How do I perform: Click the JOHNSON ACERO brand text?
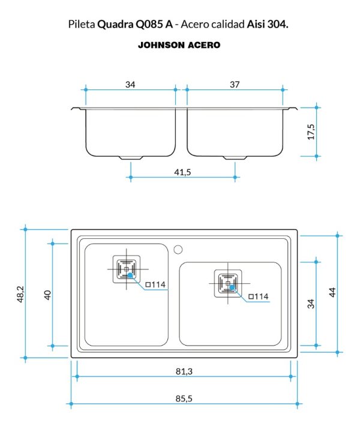click(x=179, y=45)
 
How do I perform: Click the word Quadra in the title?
click(x=115, y=25)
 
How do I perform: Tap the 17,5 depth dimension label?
click(x=311, y=132)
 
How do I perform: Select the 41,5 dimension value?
click(x=182, y=172)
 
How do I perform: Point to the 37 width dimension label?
click(x=235, y=85)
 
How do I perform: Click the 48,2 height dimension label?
click(x=21, y=294)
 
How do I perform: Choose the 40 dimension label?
click(x=47, y=295)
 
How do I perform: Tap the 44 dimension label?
click(x=332, y=292)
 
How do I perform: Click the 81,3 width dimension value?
click(x=184, y=371)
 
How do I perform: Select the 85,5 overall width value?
click(x=184, y=398)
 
